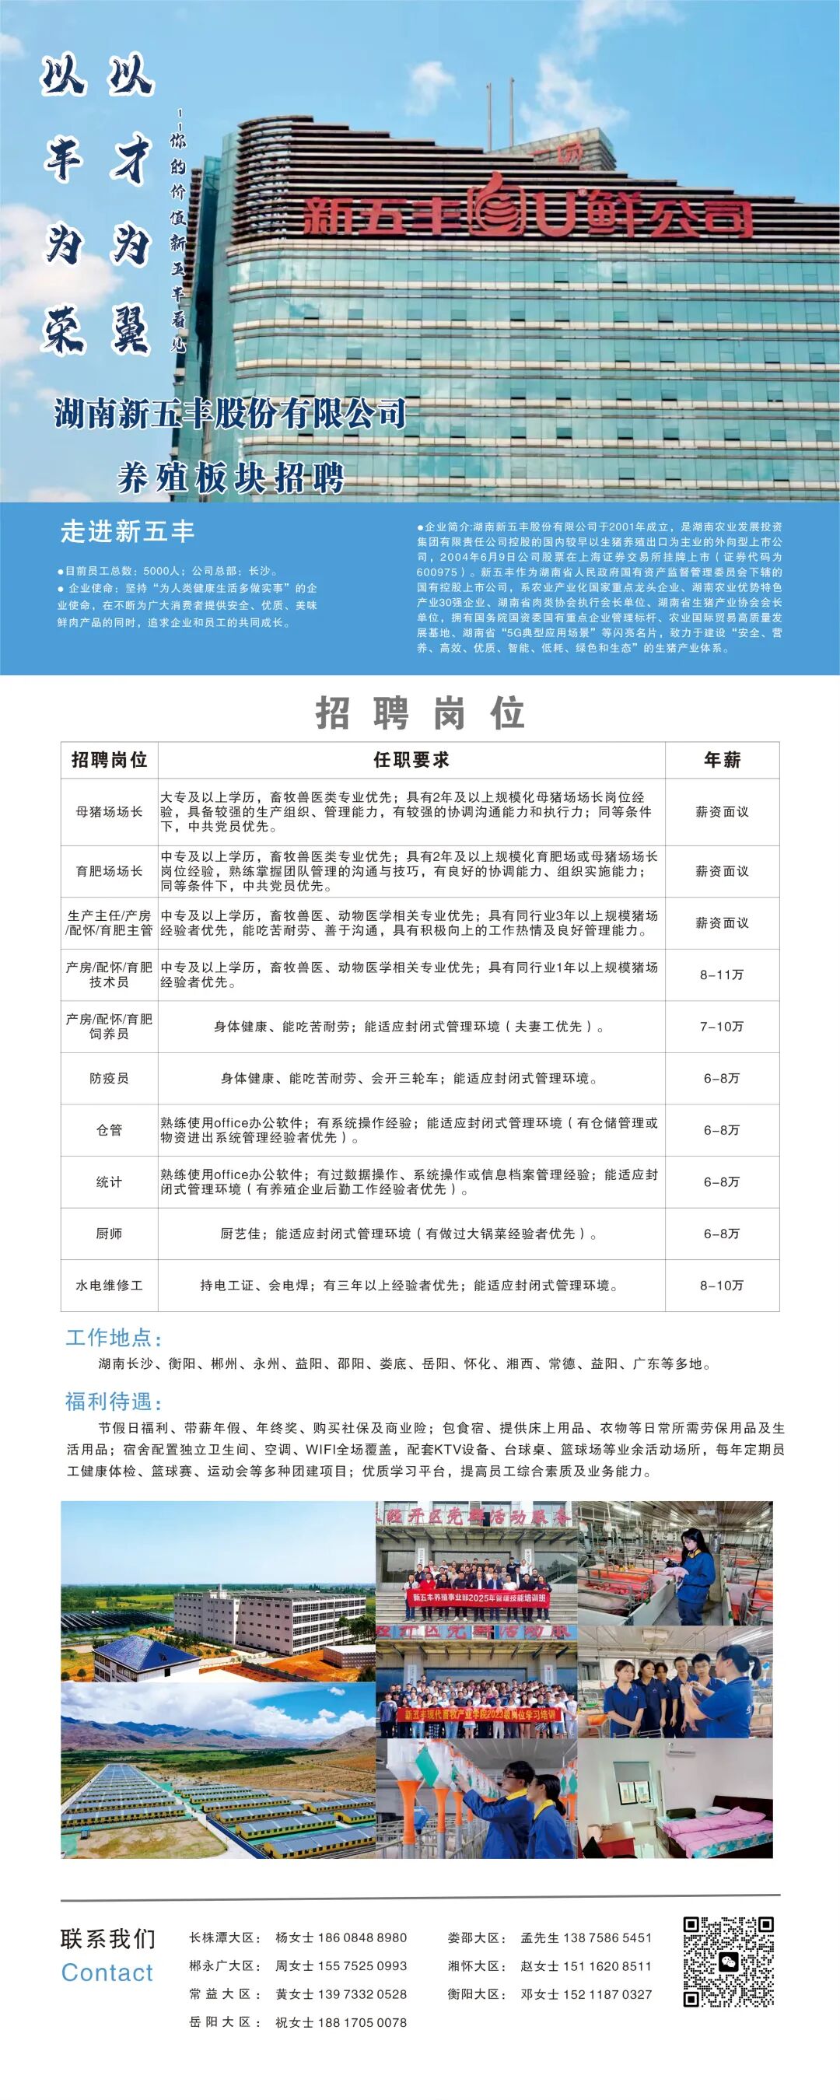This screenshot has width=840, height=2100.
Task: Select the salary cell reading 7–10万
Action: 722,1027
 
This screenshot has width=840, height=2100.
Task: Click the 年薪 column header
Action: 722,760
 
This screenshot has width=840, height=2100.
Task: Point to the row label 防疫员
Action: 110,1079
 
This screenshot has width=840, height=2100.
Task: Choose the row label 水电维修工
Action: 110,1286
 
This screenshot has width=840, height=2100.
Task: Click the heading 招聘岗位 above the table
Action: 420,713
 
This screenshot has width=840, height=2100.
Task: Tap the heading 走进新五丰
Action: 128,531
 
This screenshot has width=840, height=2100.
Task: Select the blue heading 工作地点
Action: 114,1338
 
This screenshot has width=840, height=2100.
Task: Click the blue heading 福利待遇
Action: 114,1402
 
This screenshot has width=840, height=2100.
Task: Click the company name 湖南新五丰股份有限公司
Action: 230,414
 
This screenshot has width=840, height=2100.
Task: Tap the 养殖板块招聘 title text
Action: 231,478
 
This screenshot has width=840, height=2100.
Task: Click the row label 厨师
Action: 110,1234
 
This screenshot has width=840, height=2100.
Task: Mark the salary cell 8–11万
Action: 722,975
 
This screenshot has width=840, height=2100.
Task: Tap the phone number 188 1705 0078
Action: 363,2022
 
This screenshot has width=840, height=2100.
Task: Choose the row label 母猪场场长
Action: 110,812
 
